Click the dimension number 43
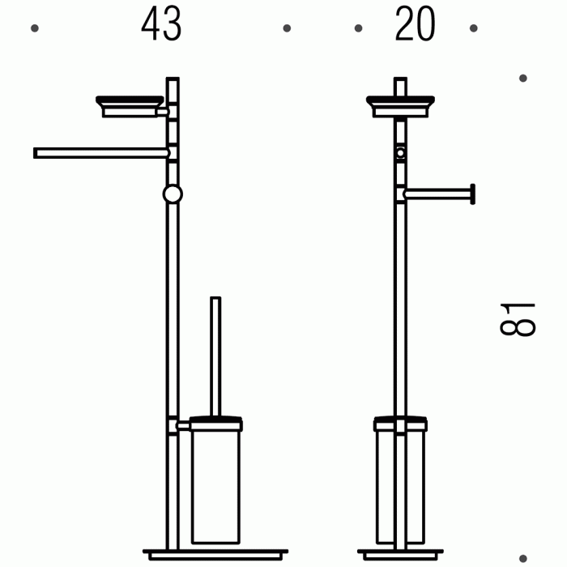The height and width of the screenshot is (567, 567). pyautogui.click(x=161, y=23)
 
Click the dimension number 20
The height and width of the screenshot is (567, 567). pyautogui.click(x=415, y=23)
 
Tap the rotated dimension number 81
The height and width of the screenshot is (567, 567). pyautogui.click(x=517, y=320)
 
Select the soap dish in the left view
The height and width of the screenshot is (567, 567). pyautogui.click(x=130, y=106)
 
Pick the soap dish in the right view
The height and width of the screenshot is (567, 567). pyautogui.click(x=400, y=106)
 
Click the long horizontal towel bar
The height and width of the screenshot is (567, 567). pyautogui.click(x=101, y=153)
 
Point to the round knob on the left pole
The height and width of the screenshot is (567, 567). pyautogui.click(x=173, y=194)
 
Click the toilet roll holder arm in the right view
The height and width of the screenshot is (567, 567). pyautogui.click(x=437, y=194)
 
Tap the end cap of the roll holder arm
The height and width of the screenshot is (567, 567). pyautogui.click(x=472, y=194)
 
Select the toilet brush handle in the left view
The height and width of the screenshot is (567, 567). pyautogui.click(x=215, y=356)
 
